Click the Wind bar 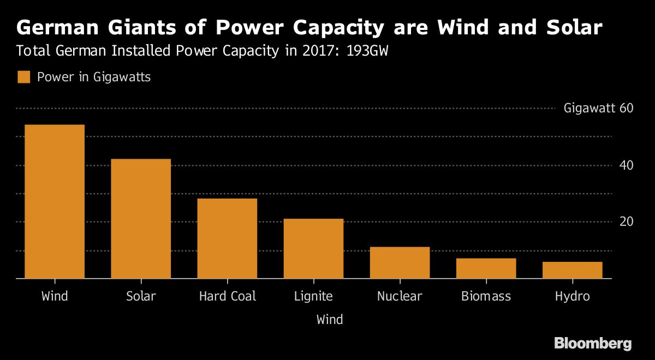point(55,202)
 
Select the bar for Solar point(141,219)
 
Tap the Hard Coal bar point(227,238)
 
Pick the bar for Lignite point(313,249)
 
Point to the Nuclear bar point(400,263)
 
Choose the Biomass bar point(486,268)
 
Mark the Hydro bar point(572,270)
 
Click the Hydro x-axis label point(572,297)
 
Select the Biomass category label point(486,297)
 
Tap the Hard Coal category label point(227,297)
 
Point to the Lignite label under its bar point(313,297)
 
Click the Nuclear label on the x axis point(400,297)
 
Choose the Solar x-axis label point(141,297)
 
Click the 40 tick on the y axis point(626,165)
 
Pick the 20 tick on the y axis point(626,221)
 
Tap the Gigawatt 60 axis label point(598,108)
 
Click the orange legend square point(23,77)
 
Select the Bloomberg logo point(593,343)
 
